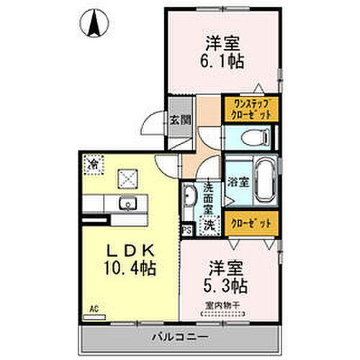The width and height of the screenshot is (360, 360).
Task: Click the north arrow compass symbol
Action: tap(94, 23)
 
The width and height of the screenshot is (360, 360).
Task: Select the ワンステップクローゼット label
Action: tap(249, 109)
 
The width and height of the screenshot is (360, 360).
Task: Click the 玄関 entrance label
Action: tap(180, 120)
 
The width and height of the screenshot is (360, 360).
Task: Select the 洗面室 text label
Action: tap(207, 197)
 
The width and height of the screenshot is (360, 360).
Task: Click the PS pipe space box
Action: tap(186, 230)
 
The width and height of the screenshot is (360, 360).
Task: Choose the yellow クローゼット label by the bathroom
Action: tap(249, 223)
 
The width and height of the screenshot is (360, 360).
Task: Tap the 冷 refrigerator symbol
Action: tap(93, 165)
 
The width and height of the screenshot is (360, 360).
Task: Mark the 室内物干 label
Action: tap(220, 305)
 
